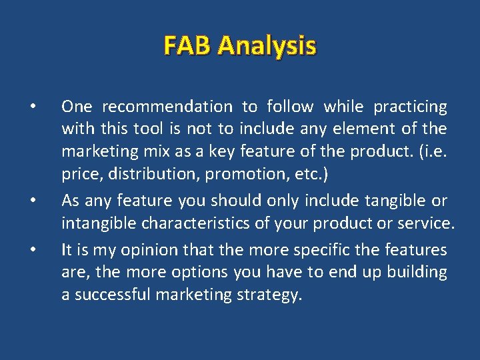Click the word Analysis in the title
click(x=267, y=47)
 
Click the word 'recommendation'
click(x=167, y=107)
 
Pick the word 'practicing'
click(x=410, y=107)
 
